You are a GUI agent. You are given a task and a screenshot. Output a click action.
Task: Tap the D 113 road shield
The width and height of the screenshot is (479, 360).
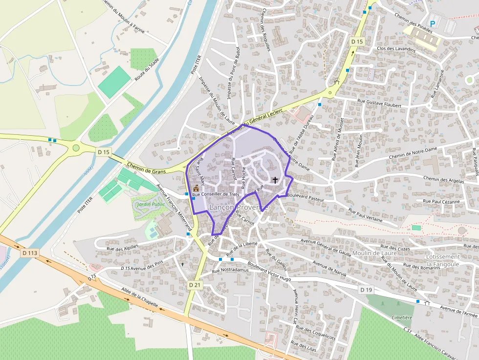pos(30,253)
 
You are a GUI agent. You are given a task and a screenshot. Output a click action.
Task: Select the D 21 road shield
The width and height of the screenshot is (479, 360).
pos(195,284)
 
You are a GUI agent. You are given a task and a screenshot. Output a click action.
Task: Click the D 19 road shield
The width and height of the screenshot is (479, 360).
pos(366,290)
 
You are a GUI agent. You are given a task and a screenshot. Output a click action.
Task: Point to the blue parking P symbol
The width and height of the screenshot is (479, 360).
pos(432,23)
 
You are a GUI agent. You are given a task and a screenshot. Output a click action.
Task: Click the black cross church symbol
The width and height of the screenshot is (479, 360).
pos(275,180)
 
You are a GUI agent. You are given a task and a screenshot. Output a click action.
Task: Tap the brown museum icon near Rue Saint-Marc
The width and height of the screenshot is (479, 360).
pos(196,188)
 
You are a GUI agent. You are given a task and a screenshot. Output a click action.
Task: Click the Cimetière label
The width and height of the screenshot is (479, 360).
pos(402,318)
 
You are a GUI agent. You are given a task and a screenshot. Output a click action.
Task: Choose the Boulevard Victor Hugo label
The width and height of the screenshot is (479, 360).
pos(269,272)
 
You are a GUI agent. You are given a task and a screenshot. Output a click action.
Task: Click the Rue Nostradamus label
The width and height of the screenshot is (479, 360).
pos(231,270)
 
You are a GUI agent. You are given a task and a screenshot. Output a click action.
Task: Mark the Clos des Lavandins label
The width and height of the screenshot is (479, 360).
pos(396,49)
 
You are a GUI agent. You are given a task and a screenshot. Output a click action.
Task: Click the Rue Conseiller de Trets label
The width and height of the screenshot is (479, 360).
pos(216,195)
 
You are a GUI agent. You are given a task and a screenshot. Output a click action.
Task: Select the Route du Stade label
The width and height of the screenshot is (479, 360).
pos(148,69)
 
